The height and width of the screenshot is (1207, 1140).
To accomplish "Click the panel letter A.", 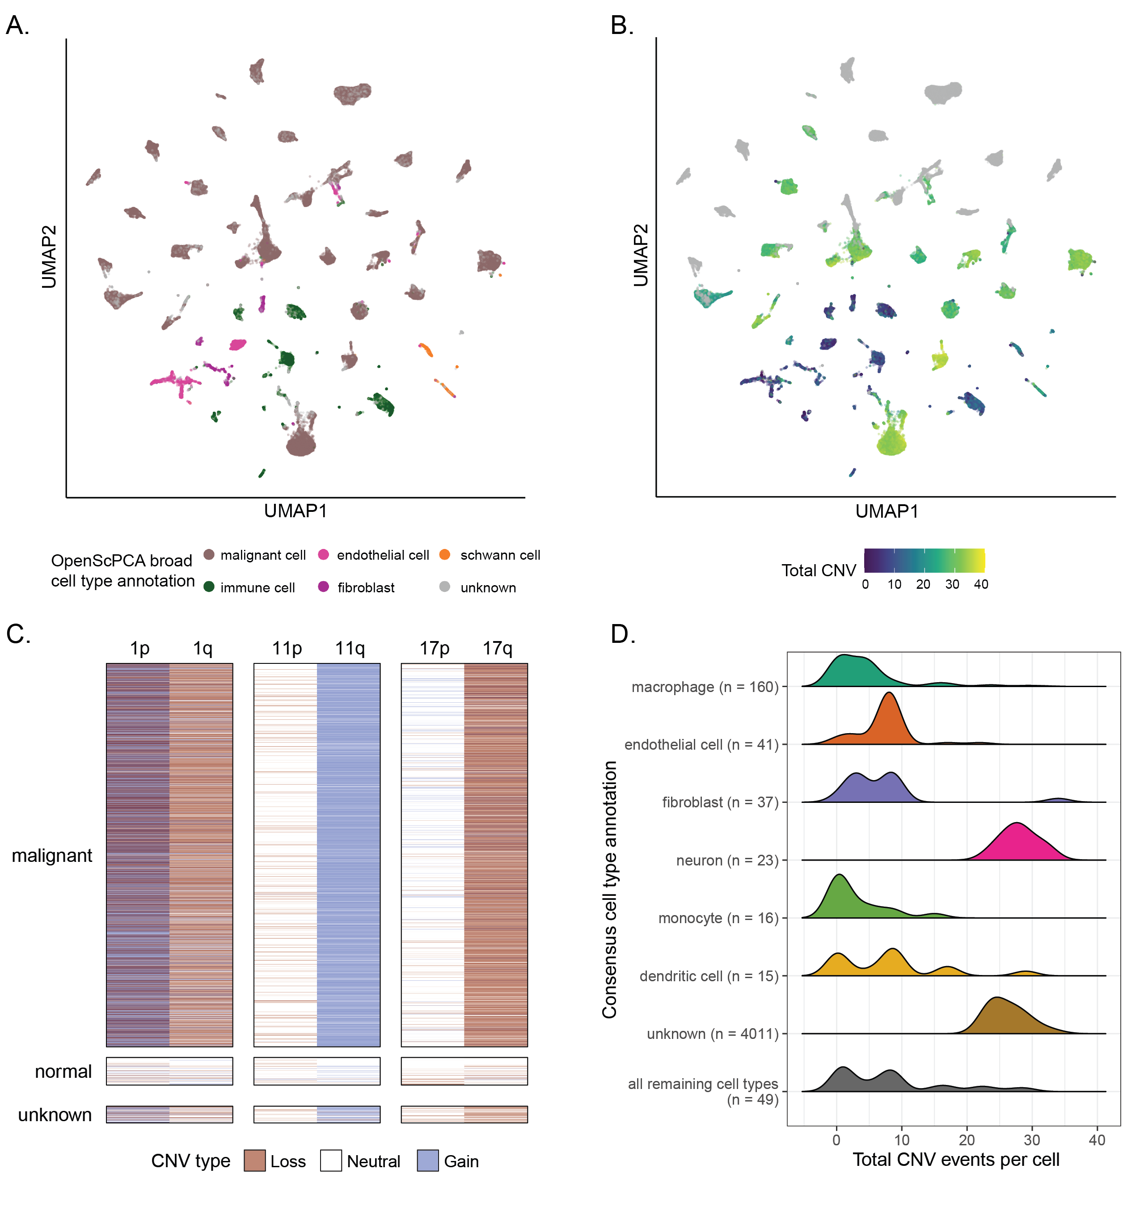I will point(17,25).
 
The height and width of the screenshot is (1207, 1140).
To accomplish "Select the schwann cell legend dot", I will point(445,554).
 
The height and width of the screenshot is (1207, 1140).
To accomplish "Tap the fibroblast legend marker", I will point(323,587).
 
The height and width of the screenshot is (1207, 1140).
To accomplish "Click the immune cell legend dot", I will point(208,587).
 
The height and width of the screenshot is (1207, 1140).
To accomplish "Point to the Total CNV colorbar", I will point(924,560).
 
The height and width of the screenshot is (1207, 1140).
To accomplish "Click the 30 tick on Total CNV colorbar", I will point(952,584).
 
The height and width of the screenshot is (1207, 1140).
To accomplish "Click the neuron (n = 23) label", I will point(727,860).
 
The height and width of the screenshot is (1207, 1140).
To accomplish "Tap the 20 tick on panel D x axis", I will point(967,1139).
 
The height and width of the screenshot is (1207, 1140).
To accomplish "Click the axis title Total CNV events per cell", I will point(955,1160).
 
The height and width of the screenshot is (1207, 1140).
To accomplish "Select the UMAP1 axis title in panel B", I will point(887,511).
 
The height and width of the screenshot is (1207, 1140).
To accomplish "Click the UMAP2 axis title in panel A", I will point(49,257).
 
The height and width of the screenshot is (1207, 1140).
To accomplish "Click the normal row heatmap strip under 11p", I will point(285,1071).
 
